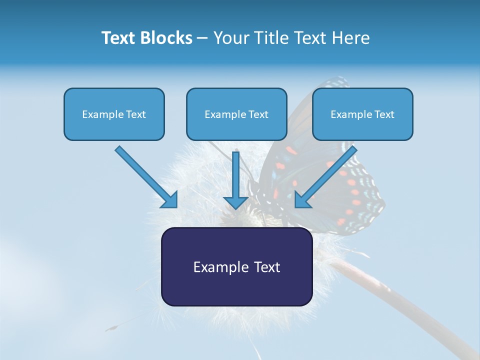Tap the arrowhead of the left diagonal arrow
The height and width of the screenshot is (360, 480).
(169, 199)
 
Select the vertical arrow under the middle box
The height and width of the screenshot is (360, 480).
(235, 180)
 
